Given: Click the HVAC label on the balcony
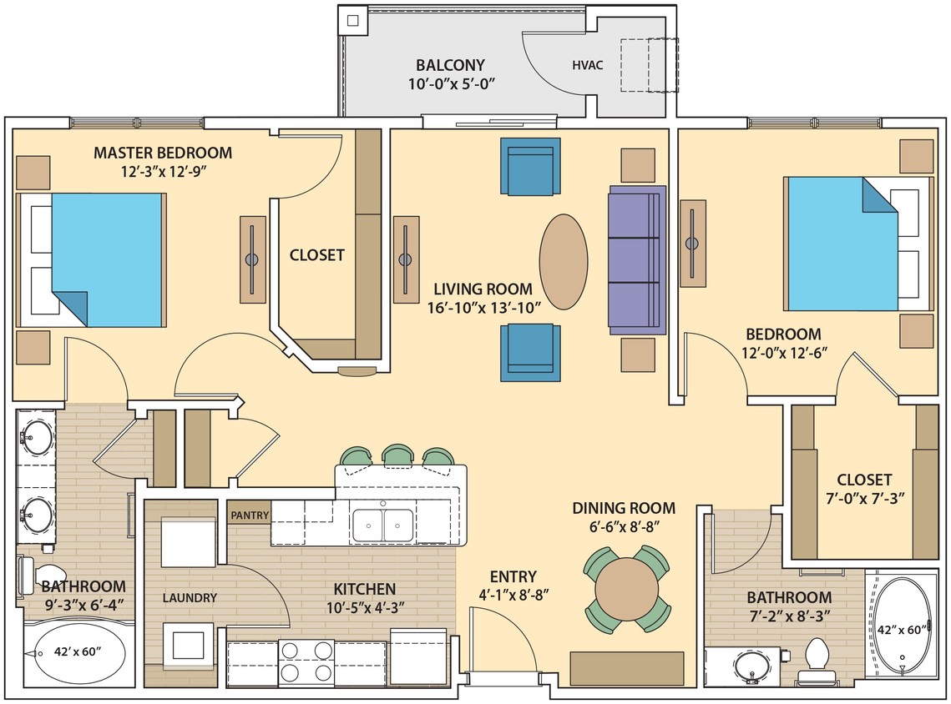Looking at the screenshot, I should coord(587,64).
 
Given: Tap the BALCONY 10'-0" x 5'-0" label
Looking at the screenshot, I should coord(451,74).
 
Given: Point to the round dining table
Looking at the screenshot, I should coord(628,589).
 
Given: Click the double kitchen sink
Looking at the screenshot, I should coord(382,525).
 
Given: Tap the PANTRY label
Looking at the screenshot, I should coord(250,515).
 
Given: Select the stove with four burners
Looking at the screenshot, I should coord(306,661).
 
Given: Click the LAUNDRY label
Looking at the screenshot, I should coord(190,597).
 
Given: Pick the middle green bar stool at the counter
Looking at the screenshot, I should coord(397,455).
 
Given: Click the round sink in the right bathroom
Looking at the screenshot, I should coord(750,666).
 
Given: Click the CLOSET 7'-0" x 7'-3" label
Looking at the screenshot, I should coord(864,489).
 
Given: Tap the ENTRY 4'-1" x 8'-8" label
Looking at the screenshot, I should coord(513,585).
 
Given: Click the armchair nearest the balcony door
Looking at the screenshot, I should coord(530,167).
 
